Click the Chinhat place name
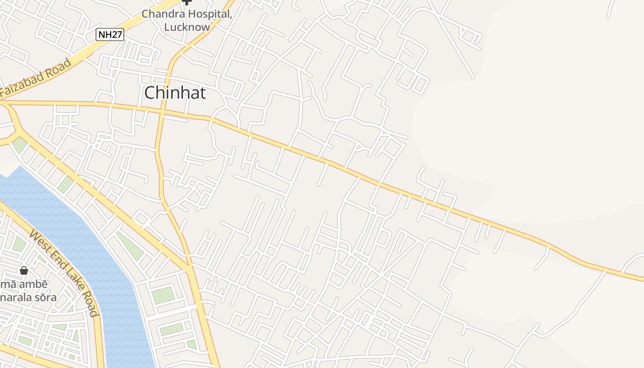[x=175, y=93]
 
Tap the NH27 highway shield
[x=110, y=34]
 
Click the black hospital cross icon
[x=186, y=2]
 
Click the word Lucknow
[x=187, y=27]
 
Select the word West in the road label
[x=39, y=239]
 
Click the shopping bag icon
[x=24, y=270]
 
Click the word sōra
[x=46, y=297]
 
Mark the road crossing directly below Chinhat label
[x=161, y=111]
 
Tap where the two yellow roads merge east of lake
[x=190, y=270]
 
